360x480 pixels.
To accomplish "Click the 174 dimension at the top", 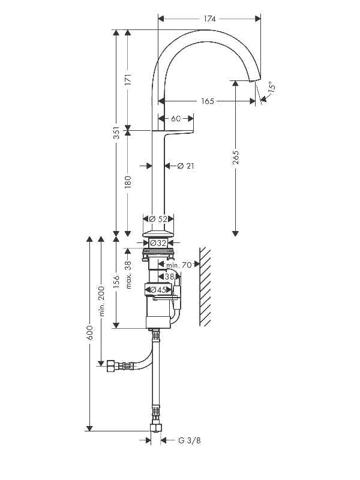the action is pyautogui.click(x=209, y=19).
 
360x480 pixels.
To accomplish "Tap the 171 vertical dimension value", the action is pyautogui.click(x=128, y=79).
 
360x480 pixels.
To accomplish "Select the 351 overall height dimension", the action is pyautogui.click(x=116, y=133).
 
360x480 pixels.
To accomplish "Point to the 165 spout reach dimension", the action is pyautogui.click(x=207, y=101).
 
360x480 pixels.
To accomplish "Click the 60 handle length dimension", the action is pyautogui.click(x=176, y=118).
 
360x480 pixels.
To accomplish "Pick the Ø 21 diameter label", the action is pyautogui.click(x=186, y=166).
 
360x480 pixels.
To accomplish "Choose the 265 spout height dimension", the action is pyautogui.click(x=235, y=157).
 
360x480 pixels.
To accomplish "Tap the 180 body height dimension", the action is pyautogui.click(x=128, y=182).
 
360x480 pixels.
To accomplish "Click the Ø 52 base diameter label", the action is pyautogui.click(x=158, y=219).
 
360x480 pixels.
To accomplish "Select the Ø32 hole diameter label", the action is pyautogui.click(x=158, y=243).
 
